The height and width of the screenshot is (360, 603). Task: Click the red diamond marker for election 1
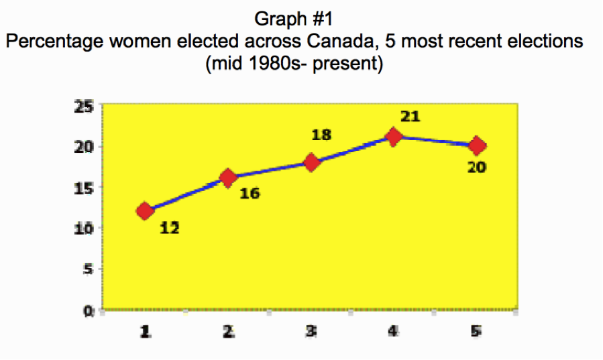(144, 211)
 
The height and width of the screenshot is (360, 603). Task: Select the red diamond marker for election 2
(228, 178)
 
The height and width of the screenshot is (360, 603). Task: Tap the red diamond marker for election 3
(311, 162)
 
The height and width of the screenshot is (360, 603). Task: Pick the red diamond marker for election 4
(394, 137)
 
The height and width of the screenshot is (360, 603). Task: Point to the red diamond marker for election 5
(477, 145)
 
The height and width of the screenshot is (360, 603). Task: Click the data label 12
(170, 228)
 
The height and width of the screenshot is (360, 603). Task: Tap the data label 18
(322, 135)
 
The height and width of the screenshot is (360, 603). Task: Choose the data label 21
(410, 117)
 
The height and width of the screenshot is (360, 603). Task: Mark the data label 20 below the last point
(476, 166)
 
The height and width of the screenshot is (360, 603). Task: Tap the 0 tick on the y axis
(88, 310)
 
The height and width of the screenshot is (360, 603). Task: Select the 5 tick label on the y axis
(88, 269)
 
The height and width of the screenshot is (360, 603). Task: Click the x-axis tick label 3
(311, 331)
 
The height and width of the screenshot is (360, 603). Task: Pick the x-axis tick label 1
(144, 331)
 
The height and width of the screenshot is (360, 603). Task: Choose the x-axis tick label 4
(394, 331)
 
